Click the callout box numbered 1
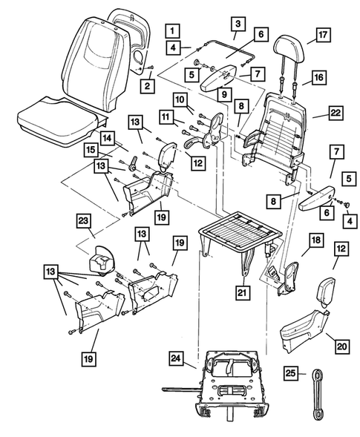[171, 30]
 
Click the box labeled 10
[180, 99]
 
